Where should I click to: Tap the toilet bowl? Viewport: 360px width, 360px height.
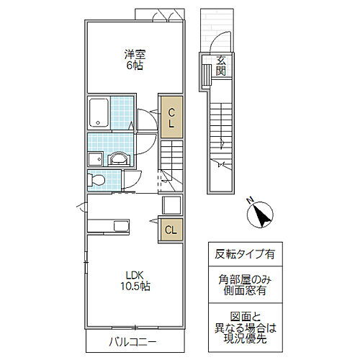(96, 180)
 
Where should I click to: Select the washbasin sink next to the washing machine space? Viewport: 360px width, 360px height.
(118, 158)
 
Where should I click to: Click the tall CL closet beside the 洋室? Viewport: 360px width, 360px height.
(171, 117)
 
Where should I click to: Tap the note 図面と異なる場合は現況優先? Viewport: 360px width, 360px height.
(243, 325)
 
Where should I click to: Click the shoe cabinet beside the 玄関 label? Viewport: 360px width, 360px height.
(207, 71)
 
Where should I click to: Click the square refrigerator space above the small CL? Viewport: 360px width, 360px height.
(171, 205)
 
